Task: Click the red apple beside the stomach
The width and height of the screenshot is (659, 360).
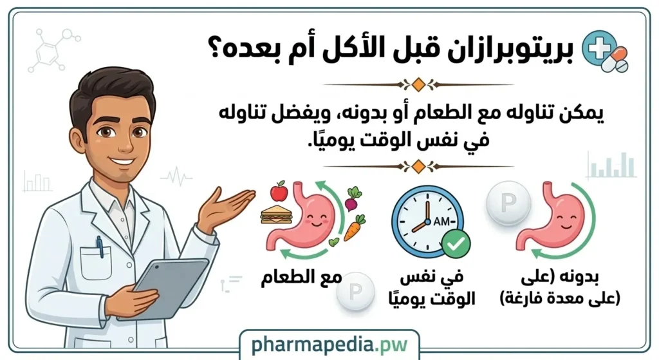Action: point(279,191)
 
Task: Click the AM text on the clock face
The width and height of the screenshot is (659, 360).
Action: point(442,221)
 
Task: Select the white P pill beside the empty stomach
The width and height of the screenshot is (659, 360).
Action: point(509,203)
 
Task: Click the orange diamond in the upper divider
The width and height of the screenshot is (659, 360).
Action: point(418,84)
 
